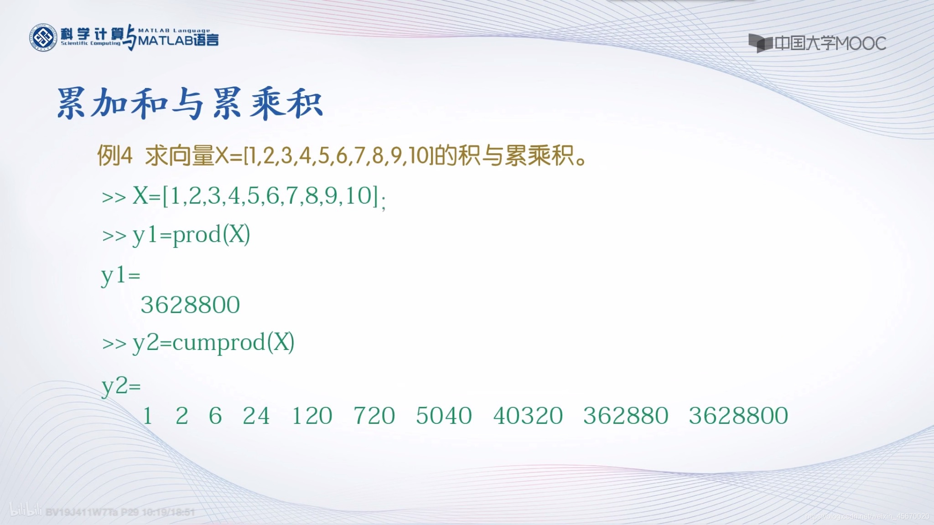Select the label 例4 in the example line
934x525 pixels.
115,156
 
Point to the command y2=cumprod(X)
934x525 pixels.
213,343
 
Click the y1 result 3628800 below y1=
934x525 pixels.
190,305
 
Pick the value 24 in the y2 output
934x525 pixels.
256,416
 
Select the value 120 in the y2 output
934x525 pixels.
312,416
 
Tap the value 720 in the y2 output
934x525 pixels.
374,416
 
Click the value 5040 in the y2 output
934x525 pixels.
444,416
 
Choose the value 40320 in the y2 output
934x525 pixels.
528,416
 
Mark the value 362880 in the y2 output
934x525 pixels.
626,416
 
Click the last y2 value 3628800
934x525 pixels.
738,416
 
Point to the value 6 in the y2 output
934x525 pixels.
215,416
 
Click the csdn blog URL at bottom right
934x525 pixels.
867,516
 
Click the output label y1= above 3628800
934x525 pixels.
120,276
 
